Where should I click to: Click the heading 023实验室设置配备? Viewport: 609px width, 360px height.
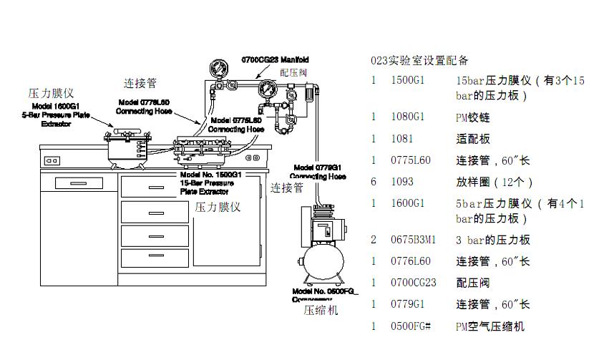coord(419,60)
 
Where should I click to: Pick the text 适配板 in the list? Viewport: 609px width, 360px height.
coord(473,138)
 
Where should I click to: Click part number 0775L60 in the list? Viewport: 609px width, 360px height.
coord(411,160)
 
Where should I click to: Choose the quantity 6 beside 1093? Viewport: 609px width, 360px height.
coord(374,182)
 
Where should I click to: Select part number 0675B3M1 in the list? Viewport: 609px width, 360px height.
coord(413,240)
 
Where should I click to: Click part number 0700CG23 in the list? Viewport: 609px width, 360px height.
coord(413,283)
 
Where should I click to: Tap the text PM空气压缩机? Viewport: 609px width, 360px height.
coord(490,326)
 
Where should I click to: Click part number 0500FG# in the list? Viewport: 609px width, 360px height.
coord(411,326)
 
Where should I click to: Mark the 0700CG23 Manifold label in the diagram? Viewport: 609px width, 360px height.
coord(274,59)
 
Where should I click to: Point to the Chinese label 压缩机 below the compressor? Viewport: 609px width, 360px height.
coord(321,311)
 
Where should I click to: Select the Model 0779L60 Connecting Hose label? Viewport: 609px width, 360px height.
coord(319,172)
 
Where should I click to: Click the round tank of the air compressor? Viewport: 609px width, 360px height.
coord(326,262)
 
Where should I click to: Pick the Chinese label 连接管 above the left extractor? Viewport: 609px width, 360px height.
coord(140,84)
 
